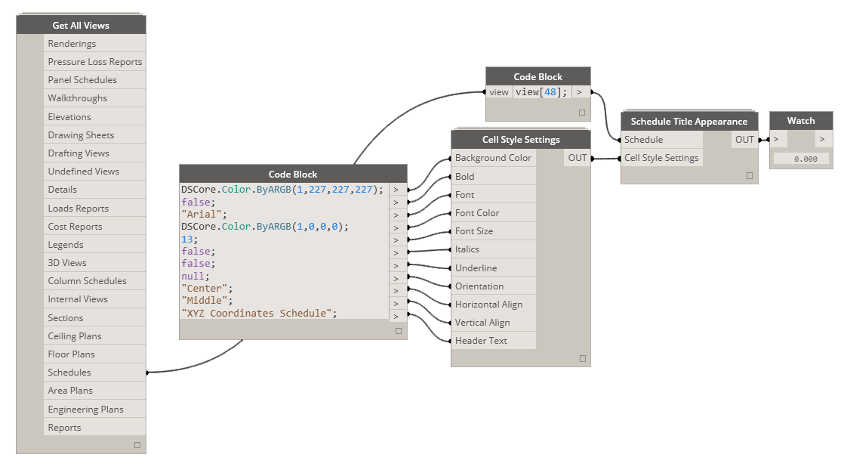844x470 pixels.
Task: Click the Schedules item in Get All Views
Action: (x=69, y=373)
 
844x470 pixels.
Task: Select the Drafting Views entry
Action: (x=79, y=153)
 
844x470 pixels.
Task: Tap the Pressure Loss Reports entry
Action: (x=94, y=62)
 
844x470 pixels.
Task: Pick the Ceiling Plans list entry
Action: (x=74, y=336)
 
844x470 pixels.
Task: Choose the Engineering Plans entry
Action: (x=85, y=410)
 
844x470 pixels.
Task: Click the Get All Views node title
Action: (x=81, y=26)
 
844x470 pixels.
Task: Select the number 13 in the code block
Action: (x=187, y=239)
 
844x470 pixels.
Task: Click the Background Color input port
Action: (x=493, y=158)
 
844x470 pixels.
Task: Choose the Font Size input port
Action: (x=474, y=231)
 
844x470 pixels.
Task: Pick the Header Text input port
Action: (x=481, y=341)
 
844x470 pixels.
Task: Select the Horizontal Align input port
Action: (x=488, y=305)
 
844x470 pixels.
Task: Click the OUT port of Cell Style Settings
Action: (x=578, y=158)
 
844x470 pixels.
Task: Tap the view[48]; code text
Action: (x=541, y=92)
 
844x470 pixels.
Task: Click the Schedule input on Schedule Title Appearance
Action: (x=643, y=140)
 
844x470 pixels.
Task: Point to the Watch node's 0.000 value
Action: (x=800, y=159)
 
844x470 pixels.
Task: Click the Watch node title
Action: (x=801, y=121)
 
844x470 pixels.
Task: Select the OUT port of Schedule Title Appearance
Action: (x=744, y=140)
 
